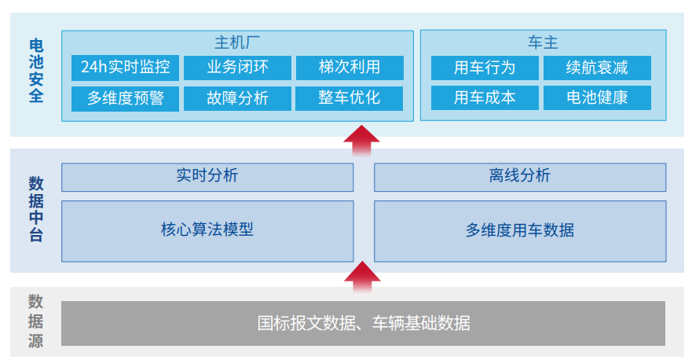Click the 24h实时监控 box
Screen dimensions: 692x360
[x=125, y=68]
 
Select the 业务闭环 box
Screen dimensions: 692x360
[x=237, y=68]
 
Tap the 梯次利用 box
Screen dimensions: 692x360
[x=350, y=68]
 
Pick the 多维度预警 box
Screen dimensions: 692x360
[x=125, y=98]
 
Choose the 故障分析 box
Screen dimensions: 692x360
[x=237, y=98]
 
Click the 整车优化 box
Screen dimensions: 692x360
[x=349, y=98]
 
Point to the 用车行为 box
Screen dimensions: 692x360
[x=485, y=68]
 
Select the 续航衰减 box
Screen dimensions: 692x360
[x=597, y=68]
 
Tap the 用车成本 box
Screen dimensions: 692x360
[x=485, y=97]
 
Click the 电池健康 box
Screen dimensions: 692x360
[x=597, y=97]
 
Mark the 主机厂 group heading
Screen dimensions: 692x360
[x=237, y=43]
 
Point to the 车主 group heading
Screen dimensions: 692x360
[x=543, y=42]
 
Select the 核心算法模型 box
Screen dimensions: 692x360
[x=207, y=231]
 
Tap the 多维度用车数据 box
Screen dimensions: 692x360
[x=520, y=231]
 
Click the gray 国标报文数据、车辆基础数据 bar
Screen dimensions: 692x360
[x=363, y=323]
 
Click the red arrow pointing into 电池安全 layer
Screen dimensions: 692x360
[x=361, y=141]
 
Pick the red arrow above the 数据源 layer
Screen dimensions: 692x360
[x=362, y=277]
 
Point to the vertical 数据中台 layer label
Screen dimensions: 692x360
[x=36, y=209]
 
